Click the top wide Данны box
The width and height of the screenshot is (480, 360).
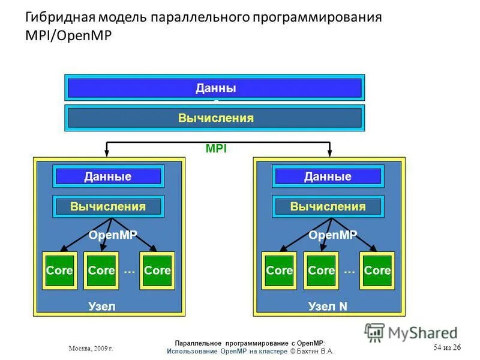215,88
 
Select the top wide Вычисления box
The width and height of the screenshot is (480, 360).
215,118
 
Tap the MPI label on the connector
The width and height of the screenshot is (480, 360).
216,149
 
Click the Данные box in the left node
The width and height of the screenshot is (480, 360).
108,176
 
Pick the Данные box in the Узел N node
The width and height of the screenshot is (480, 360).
328,176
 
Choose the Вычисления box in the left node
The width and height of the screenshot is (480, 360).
108,206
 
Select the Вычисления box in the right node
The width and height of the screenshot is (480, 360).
328,206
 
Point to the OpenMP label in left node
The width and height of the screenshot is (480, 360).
113,235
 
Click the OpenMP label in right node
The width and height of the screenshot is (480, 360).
333,235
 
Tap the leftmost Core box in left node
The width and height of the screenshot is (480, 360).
59,271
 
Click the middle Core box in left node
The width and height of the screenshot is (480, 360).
101,271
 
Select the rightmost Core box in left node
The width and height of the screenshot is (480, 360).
157,271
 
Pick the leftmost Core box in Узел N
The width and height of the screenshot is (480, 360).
279,271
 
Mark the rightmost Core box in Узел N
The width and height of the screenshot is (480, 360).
377,271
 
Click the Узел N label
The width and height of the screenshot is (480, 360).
328,306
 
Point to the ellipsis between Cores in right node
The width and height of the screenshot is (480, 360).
350,271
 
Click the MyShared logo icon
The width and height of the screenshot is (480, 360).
375,332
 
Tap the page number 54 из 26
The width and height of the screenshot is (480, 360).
447,348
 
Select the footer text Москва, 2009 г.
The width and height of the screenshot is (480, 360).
91,348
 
